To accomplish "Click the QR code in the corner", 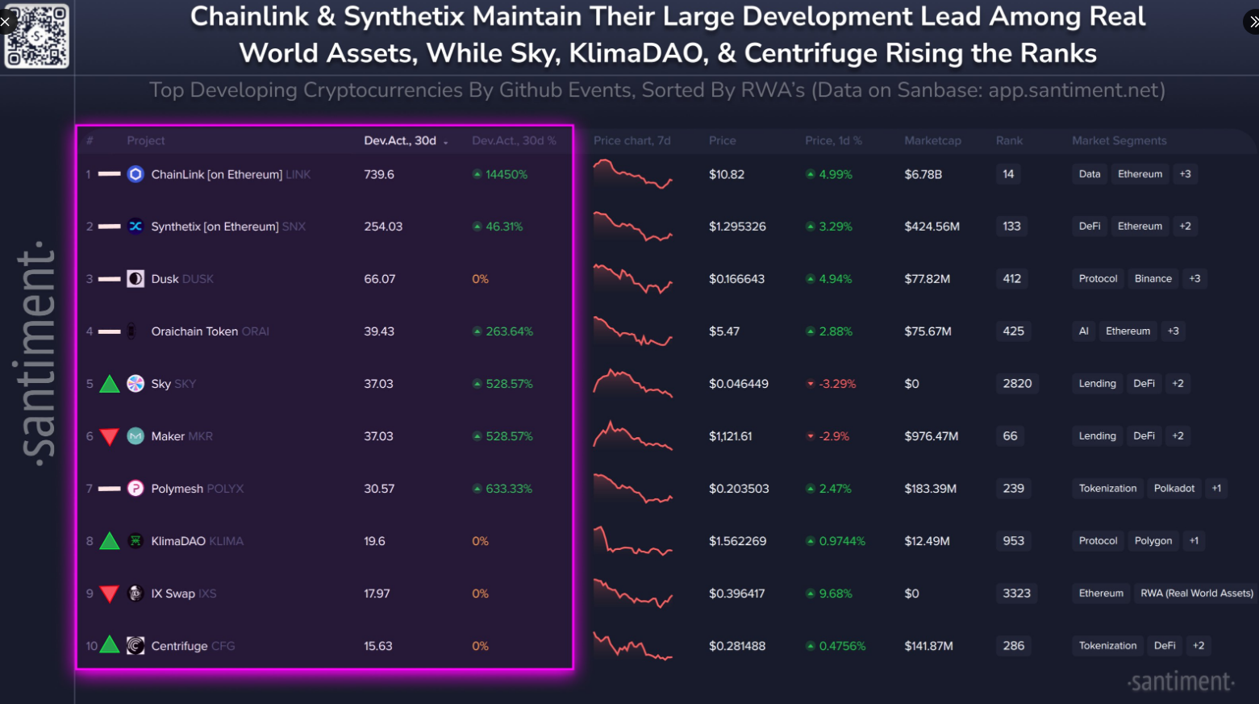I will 37,35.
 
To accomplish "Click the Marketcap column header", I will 932,140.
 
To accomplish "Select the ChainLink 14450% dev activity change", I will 501,174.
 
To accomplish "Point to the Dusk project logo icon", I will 135,279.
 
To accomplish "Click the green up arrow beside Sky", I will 110,384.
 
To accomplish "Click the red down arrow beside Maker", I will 110,437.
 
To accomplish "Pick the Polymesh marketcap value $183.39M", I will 930,489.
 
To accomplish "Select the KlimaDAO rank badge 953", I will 1013,541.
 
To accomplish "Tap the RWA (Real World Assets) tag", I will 1196,594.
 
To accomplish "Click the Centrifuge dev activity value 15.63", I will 378,646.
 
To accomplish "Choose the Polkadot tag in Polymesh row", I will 1174,489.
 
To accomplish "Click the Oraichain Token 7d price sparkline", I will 632,331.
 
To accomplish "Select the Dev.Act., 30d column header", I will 401,140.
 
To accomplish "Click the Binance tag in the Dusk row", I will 1153,279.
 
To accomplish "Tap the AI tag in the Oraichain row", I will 1083,331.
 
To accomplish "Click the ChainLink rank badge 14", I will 1008,174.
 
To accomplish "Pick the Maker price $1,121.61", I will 730,436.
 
